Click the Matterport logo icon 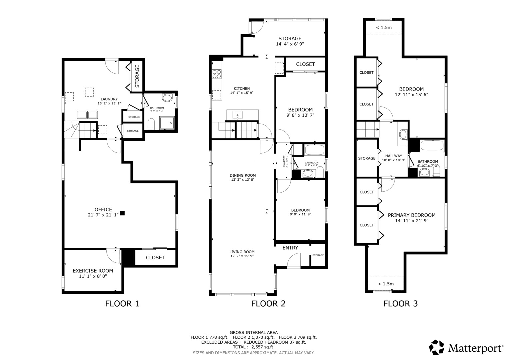pyautogui.click(x=436, y=347)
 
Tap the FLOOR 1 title pyautogui.click(x=122, y=304)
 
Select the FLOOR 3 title pyautogui.click(x=400, y=304)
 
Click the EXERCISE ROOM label pyautogui.click(x=93, y=271)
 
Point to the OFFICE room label pyautogui.click(x=103, y=210)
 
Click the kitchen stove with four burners pyautogui.click(x=217, y=74)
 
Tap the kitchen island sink pyautogui.click(x=237, y=115)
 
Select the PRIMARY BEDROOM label pyautogui.click(x=412, y=215)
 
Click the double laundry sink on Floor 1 pyautogui.click(x=87, y=115)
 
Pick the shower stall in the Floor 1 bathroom pyautogui.click(x=167, y=122)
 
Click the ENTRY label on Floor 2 pyautogui.click(x=290, y=248)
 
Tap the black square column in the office pyautogui.click(x=122, y=213)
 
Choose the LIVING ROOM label pyautogui.click(x=242, y=252)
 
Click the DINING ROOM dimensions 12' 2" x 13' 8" pyautogui.click(x=243, y=180)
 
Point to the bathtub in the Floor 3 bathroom pyautogui.click(x=432, y=146)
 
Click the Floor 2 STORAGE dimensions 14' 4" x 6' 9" pyautogui.click(x=290, y=44)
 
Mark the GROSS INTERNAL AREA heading pyautogui.click(x=253, y=332)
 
